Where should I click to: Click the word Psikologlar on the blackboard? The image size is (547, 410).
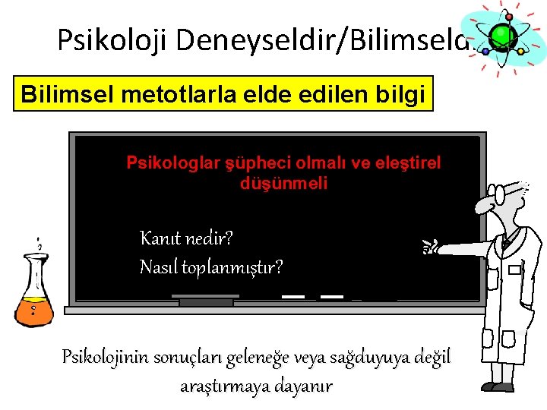tap(170, 162)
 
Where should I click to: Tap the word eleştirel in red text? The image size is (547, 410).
tap(410, 162)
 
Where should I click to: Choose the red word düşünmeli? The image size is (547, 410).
tap(283, 183)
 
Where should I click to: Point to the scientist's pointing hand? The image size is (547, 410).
tap(435, 244)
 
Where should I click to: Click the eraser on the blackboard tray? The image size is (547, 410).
tap(206, 302)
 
